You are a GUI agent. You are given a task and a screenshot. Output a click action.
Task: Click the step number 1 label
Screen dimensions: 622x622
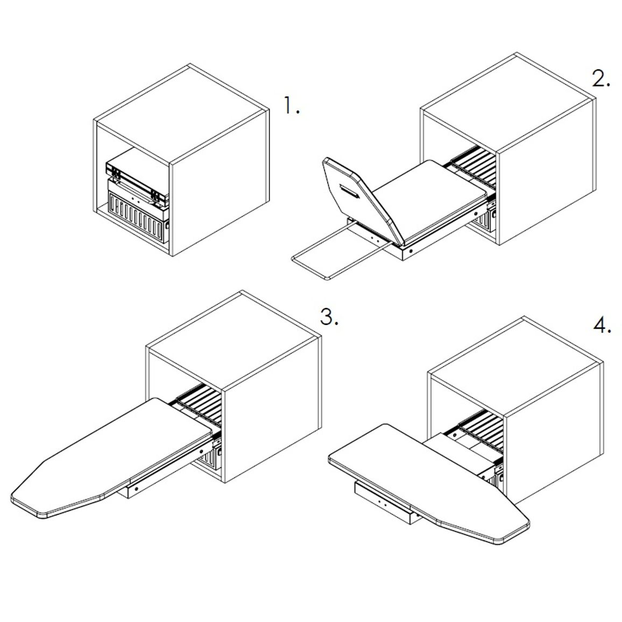click(x=292, y=105)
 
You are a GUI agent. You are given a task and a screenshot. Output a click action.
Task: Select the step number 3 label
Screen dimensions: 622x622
click(x=329, y=317)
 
